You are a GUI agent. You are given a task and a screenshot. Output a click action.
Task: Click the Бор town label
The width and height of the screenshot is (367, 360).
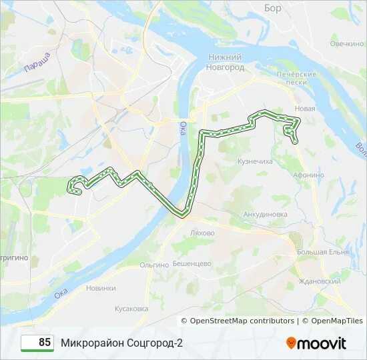tap(273, 8)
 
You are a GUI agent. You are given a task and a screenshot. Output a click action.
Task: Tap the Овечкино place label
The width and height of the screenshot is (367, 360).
tap(346, 43)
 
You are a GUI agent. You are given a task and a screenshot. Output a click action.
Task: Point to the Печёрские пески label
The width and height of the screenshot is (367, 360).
tap(296, 77)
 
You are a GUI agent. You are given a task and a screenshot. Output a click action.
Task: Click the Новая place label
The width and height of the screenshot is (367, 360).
tap(304, 109)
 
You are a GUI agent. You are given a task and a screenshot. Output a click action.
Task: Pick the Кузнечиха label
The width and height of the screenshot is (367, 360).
tap(255, 161)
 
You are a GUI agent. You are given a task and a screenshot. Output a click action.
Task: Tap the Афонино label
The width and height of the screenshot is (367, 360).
tap(308, 175)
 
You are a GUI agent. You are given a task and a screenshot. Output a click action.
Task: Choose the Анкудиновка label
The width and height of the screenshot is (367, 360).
tap(266, 214)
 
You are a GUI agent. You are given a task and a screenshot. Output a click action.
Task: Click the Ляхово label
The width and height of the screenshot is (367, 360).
tap(202, 233)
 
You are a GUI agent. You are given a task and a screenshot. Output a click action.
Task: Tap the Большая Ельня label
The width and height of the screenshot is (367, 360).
tap(323, 252)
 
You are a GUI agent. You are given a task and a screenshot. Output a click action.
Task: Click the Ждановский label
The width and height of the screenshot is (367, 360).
tap(320, 281)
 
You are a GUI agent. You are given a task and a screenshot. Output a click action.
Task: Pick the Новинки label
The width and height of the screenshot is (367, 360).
tap(101, 288)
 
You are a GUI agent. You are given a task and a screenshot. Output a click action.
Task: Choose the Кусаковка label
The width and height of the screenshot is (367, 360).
tap(131, 309)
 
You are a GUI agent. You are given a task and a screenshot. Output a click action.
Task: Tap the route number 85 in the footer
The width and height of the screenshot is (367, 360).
tap(45, 343)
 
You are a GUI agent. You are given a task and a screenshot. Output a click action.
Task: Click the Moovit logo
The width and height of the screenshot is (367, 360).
tap(316, 343)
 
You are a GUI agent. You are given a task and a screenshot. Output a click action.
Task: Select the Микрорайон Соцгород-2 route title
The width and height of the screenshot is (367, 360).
tap(121, 343)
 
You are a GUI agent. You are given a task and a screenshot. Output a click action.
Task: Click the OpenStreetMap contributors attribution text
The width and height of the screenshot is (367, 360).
tap(242, 321)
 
